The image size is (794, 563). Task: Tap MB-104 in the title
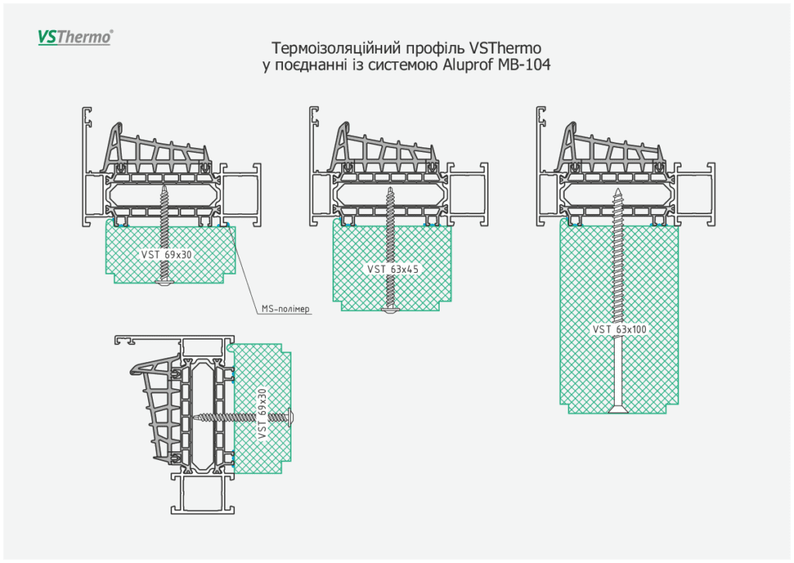coord(526,65)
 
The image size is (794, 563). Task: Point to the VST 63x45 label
coord(392,269)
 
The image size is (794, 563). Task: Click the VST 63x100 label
coord(620,330)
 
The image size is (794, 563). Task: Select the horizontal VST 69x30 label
coord(166,254)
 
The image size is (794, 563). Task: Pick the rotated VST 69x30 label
coord(261,414)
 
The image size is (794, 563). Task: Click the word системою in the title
coord(402,65)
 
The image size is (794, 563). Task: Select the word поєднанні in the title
coord(312,65)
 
